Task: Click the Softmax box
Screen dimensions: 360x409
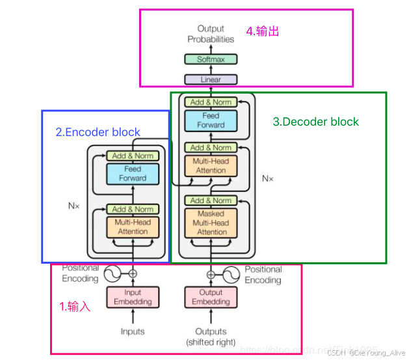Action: [x=211, y=59]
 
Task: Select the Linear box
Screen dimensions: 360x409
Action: [x=211, y=79]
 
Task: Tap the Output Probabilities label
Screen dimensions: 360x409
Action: [x=211, y=34]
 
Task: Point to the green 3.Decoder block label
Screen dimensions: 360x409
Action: [x=315, y=122]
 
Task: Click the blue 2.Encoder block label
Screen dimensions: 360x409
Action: [x=98, y=132]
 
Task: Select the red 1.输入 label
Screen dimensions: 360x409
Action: [x=75, y=307]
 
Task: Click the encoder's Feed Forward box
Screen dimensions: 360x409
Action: [x=133, y=174]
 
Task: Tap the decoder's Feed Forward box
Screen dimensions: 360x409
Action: [x=211, y=120]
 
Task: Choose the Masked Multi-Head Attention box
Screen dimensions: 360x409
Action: [x=211, y=223]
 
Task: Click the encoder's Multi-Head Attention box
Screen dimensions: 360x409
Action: [x=133, y=227]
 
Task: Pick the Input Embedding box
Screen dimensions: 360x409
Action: [x=133, y=297]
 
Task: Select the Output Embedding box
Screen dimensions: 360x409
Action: [x=211, y=297]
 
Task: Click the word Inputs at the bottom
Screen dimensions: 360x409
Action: [x=133, y=332]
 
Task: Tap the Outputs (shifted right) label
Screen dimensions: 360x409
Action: [x=211, y=337]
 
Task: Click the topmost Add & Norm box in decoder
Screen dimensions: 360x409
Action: [x=211, y=102]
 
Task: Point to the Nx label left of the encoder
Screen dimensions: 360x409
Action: [x=74, y=205]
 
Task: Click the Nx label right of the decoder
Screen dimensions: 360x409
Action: [x=268, y=177]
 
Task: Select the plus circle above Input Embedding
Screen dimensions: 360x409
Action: [x=133, y=273]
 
